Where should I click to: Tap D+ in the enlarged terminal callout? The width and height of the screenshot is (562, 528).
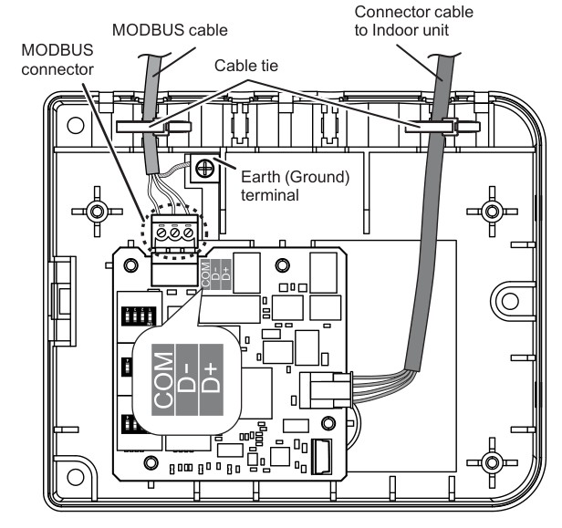pyautogui.click(x=211, y=371)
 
